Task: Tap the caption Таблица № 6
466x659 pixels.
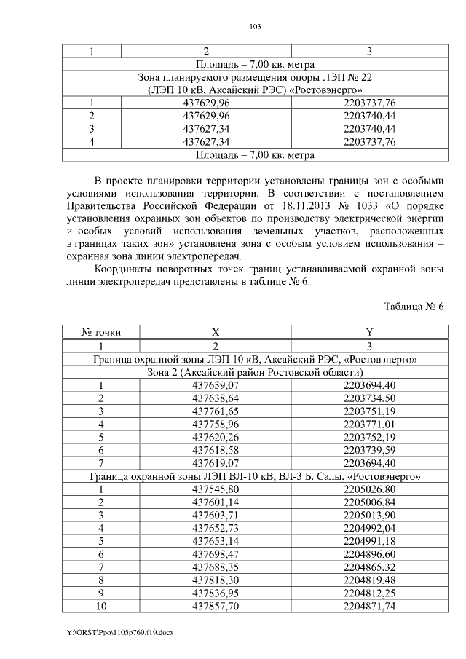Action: pyautogui.click(x=415, y=307)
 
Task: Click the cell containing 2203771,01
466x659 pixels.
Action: pyautogui.click(x=369, y=425)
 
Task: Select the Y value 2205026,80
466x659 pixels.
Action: pyautogui.click(x=369, y=490)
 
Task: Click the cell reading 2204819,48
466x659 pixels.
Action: pyautogui.click(x=369, y=581)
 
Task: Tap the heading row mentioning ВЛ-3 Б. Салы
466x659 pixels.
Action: pyautogui.click(x=255, y=477)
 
